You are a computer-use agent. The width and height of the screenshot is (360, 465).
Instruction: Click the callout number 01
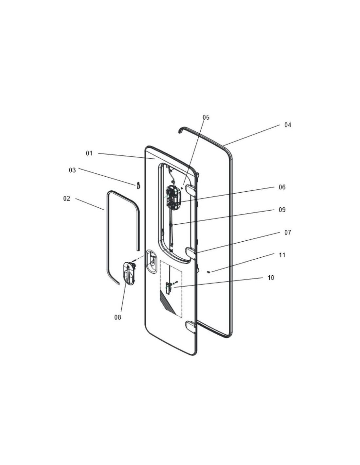[89, 153]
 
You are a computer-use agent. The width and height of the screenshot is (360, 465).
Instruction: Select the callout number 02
[67, 198]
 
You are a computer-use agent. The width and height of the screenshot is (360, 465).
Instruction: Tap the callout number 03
[72, 170]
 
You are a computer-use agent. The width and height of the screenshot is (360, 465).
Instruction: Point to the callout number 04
[287, 125]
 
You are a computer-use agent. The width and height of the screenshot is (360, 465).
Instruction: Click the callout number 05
[206, 117]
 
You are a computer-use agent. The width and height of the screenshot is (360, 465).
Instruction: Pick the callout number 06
[282, 187]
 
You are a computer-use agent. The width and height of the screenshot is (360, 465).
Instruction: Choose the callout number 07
[287, 232]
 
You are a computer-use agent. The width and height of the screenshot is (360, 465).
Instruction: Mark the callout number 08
[117, 317]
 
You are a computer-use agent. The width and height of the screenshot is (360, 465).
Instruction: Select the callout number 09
[282, 210]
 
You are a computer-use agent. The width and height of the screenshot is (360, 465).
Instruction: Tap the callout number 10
[271, 278]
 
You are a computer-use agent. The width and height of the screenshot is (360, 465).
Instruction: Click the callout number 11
[282, 255]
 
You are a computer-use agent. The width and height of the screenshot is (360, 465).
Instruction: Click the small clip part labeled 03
[138, 185]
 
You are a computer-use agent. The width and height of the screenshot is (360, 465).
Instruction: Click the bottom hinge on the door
[190, 326]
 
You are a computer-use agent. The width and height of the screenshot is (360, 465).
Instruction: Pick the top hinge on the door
[190, 190]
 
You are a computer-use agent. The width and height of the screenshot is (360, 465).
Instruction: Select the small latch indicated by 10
[169, 287]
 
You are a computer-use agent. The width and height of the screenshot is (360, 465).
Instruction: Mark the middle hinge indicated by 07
[190, 252]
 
